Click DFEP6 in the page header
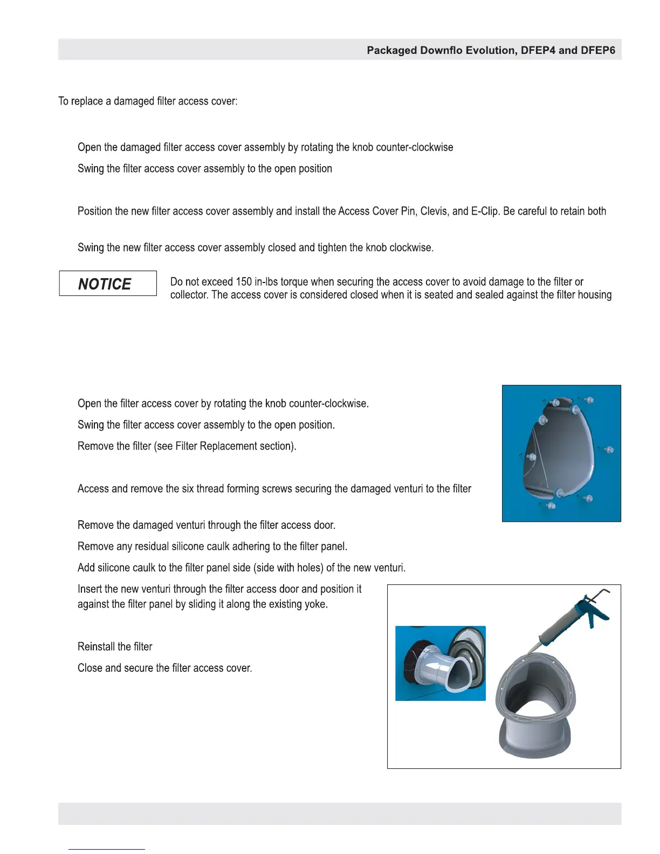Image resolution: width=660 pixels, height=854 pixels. [x=597, y=50]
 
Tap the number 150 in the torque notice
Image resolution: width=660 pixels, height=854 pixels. [x=244, y=282]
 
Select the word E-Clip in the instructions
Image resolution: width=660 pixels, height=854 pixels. [x=485, y=211]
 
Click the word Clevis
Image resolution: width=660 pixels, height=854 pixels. [x=434, y=211]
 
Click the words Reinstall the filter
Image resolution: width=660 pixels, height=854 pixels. [x=115, y=646]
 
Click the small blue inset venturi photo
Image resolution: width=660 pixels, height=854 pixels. [x=440, y=663]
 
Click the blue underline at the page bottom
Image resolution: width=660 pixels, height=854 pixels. [x=107, y=849]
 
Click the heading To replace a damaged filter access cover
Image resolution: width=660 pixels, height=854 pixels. [x=148, y=101]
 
